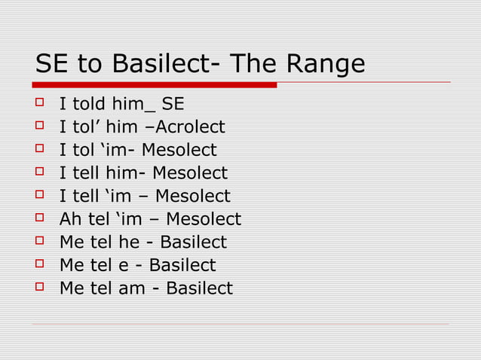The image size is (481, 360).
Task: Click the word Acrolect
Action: (x=187, y=127)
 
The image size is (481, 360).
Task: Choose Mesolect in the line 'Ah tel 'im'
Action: (x=203, y=220)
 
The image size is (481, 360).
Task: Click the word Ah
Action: (x=70, y=220)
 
